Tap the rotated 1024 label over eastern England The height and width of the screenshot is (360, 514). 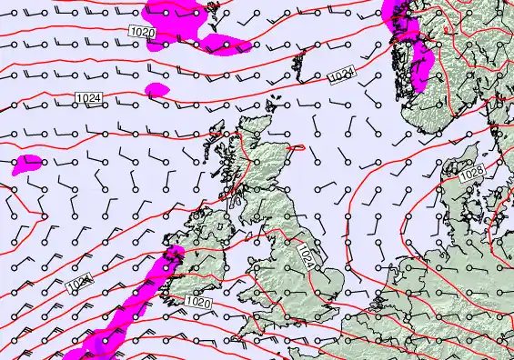point(307,255)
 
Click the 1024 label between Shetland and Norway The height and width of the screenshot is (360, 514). point(342,77)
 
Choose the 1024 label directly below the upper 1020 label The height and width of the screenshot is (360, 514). point(88,98)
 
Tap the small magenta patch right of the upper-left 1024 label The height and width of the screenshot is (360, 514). point(156,89)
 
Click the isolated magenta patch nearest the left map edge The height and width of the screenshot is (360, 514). point(27,164)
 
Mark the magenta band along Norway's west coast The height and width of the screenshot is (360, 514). point(419,64)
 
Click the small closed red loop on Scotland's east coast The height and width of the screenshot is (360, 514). point(296,146)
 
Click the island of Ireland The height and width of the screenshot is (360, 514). point(205,250)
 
